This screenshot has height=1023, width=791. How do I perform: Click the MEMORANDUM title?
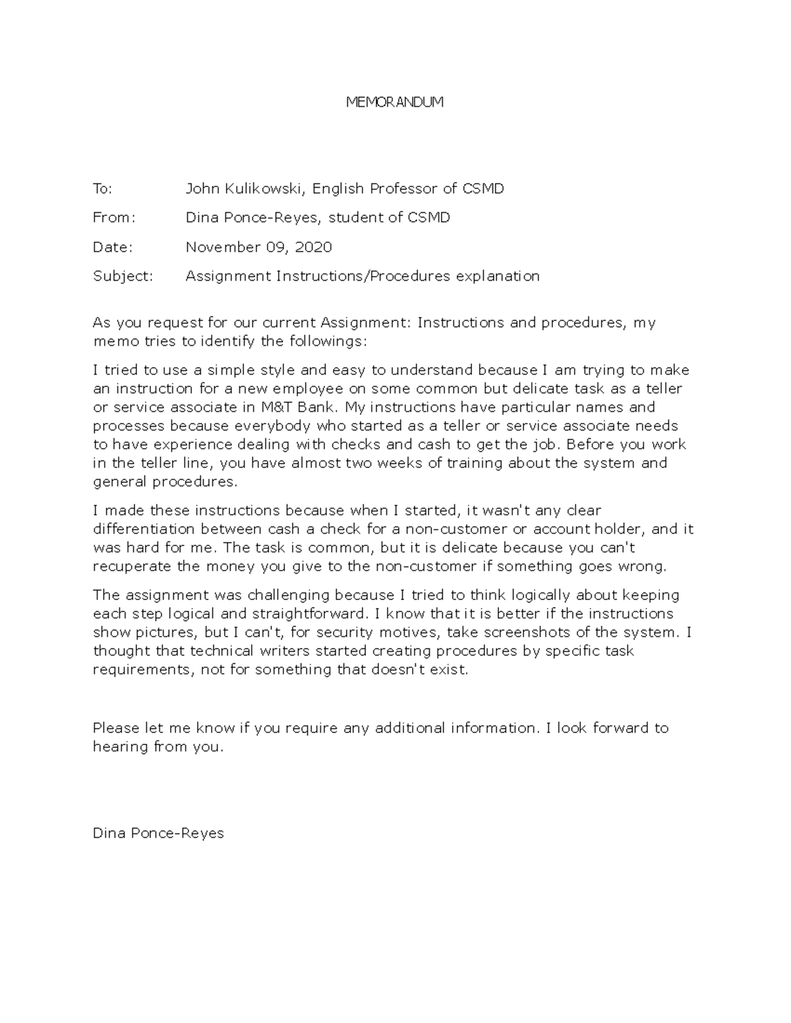click(x=395, y=102)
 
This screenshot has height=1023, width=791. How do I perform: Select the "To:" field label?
click(x=102, y=189)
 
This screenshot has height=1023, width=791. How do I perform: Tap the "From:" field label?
click(x=113, y=218)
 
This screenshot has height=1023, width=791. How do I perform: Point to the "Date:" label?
click(x=112, y=247)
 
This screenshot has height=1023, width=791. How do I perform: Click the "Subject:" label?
click(x=123, y=276)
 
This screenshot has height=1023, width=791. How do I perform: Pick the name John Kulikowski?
click(x=245, y=189)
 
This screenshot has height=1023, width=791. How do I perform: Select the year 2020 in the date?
click(x=313, y=247)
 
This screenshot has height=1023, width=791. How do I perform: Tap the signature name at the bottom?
click(x=158, y=833)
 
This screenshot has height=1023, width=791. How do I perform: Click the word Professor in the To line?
click(x=403, y=189)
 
